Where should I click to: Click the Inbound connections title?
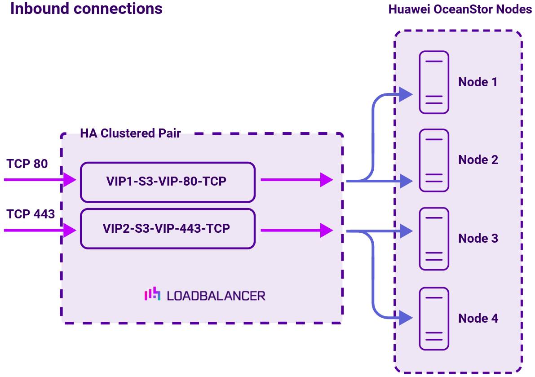(x=86, y=9)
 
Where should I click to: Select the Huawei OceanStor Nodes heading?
(x=460, y=10)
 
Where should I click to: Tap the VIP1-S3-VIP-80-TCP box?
(x=167, y=182)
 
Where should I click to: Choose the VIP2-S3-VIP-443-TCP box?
(x=167, y=228)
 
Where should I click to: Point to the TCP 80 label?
(x=27, y=164)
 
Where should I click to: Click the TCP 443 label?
(x=31, y=214)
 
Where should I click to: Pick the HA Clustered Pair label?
(x=130, y=133)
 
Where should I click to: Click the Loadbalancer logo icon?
(x=152, y=294)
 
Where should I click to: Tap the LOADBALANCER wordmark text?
(x=216, y=296)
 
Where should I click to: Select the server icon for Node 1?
(x=434, y=82)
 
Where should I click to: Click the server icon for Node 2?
(x=434, y=160)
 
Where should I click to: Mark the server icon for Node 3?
(x=434, y=239)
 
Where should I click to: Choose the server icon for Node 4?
(x=434, y=319)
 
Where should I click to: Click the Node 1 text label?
(x=478, y=82)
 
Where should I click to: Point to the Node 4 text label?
(x=478, y=319)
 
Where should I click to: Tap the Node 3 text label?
(x=478, y=239)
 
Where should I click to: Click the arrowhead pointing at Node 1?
(x=406, y=94)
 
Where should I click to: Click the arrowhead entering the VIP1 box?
(x=70, y=180)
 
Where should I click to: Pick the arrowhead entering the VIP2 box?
(x=70, y=231)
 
